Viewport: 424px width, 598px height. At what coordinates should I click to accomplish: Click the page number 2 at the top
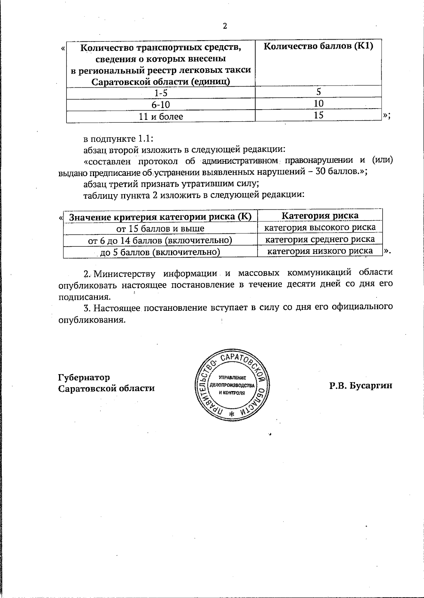pos(224,26)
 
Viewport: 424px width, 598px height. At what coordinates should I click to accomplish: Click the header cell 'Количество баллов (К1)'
pos(318,46)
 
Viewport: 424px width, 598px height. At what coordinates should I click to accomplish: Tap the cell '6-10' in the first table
pos(161,105)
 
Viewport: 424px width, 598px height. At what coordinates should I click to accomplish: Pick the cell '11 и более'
pos(161,116)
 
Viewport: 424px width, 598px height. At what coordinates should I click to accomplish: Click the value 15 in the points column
pos(318,115)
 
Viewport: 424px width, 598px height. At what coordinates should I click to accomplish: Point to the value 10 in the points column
pos(318,103)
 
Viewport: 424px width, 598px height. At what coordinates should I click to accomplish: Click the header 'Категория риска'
pos(320,215)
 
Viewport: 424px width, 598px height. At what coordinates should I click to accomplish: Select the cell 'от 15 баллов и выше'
pos(160,228)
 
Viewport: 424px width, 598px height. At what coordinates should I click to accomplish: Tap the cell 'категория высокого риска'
pos(320,227)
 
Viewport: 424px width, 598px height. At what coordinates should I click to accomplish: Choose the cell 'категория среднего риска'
pos(320,239)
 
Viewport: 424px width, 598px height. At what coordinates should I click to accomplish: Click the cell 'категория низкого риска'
pos(320,251)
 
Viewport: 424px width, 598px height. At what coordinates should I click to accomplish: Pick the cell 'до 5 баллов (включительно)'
pos(160,252)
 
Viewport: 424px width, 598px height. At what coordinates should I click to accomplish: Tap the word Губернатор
pos(84,377)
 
